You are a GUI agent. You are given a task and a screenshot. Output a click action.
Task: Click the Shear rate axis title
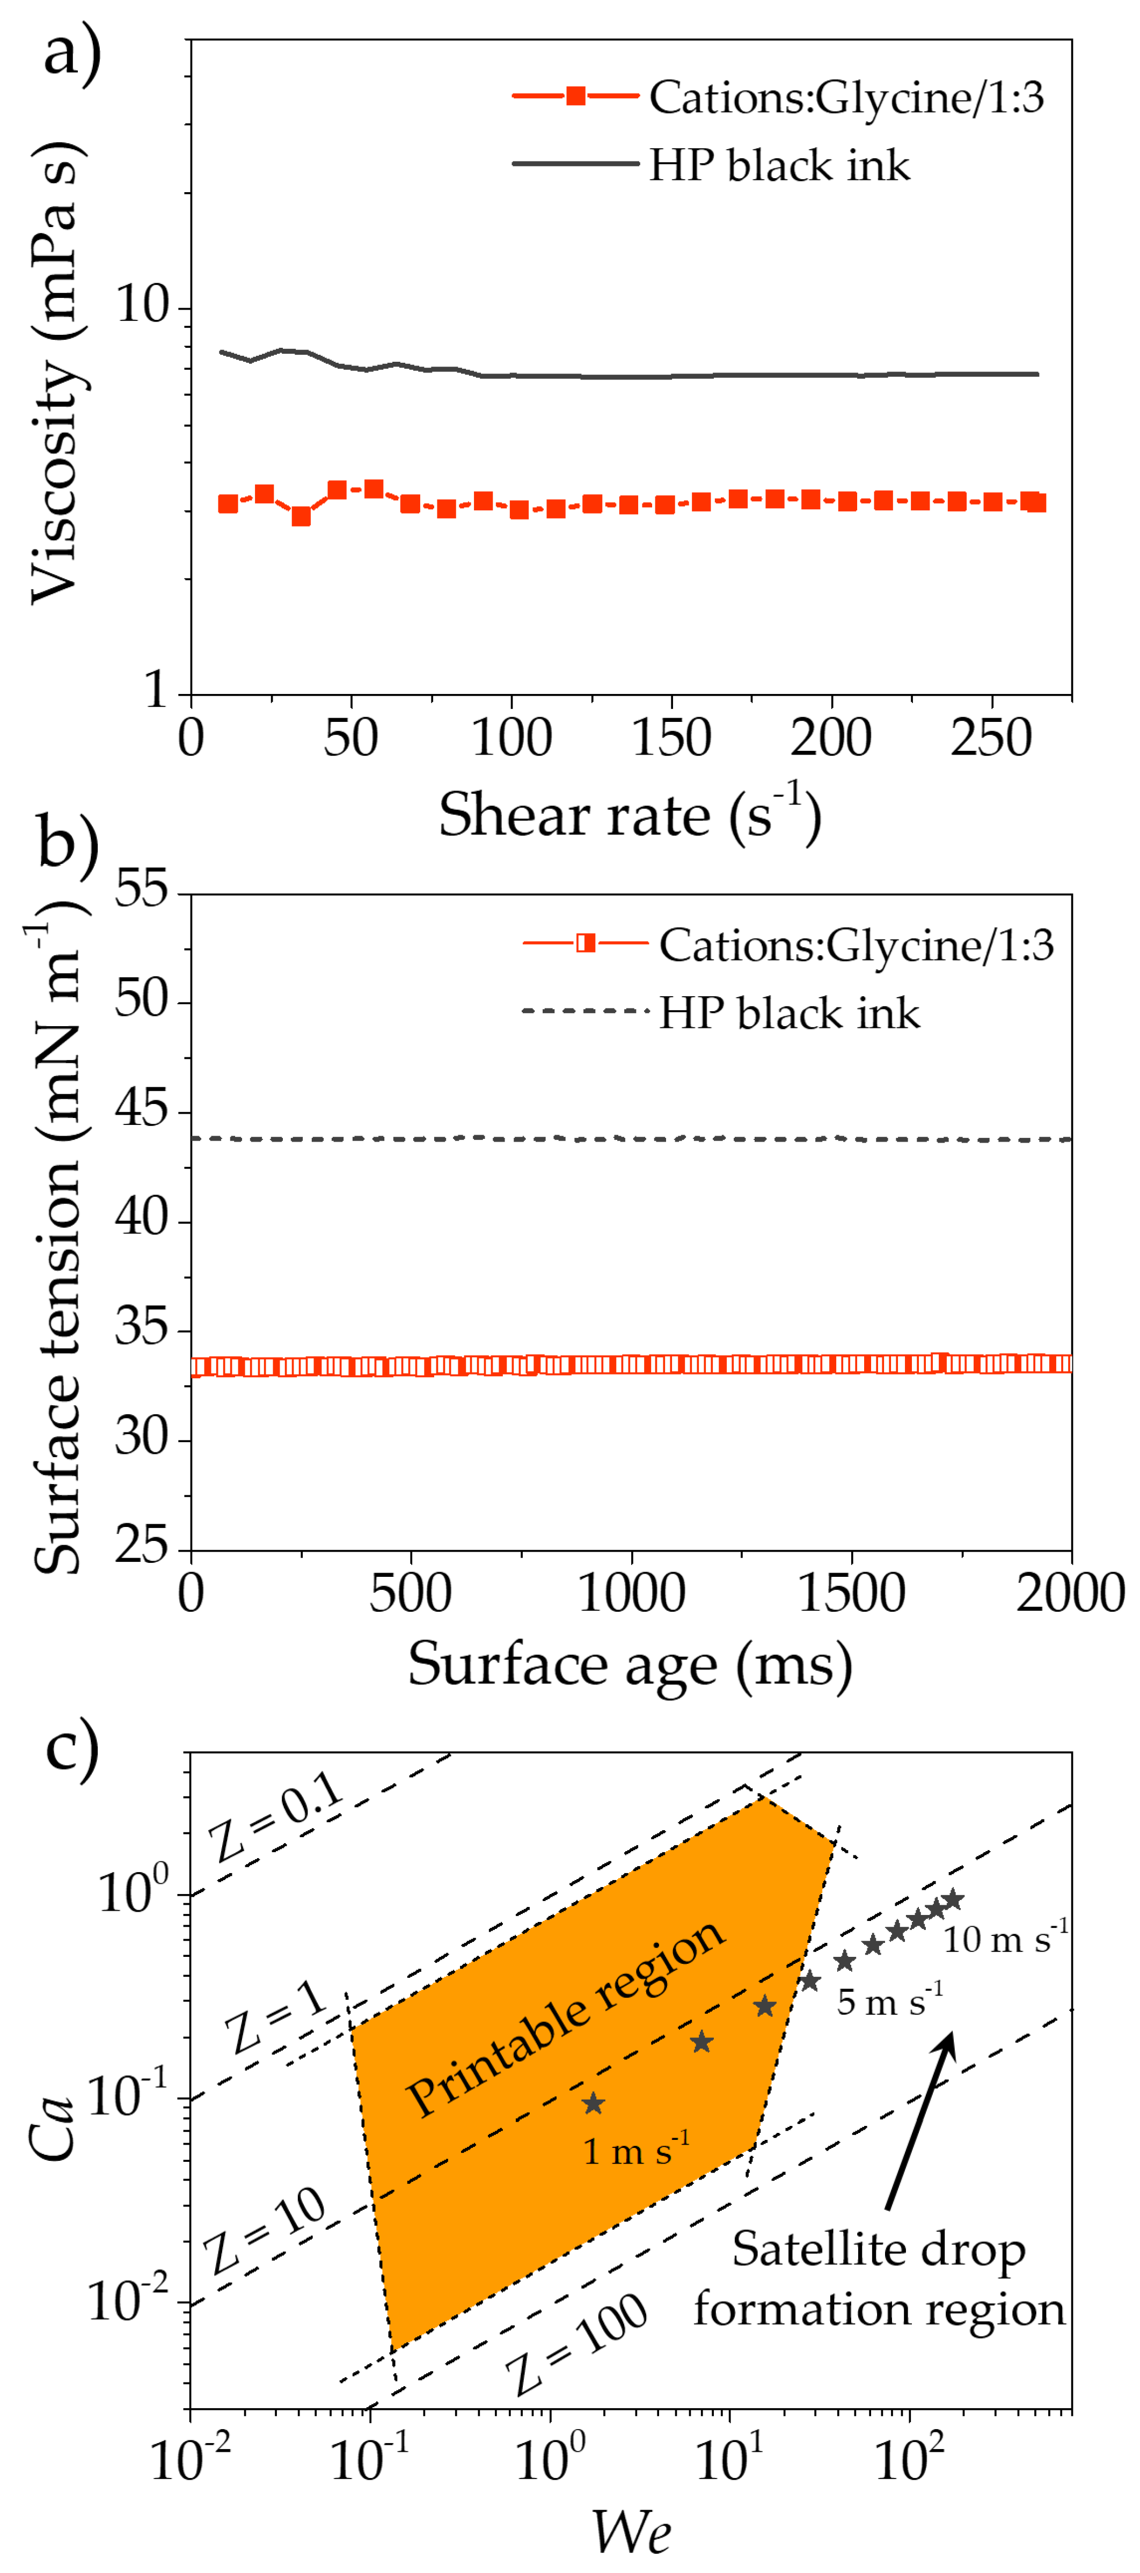tap(630, 814)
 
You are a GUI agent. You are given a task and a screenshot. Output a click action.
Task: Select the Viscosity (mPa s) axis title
tap(55, 371)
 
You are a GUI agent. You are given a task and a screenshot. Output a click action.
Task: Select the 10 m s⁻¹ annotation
tap(1004, 1938)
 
